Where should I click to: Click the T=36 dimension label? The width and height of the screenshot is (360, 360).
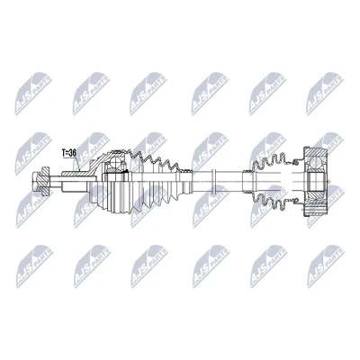69,153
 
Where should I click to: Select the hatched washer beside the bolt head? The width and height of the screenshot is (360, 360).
45,181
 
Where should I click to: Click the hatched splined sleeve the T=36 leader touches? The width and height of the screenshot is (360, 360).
75,174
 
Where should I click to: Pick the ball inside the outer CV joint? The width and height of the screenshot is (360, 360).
116,164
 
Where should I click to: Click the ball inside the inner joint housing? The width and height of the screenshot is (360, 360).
315,163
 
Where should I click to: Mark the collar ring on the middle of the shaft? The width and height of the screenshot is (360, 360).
213,181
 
